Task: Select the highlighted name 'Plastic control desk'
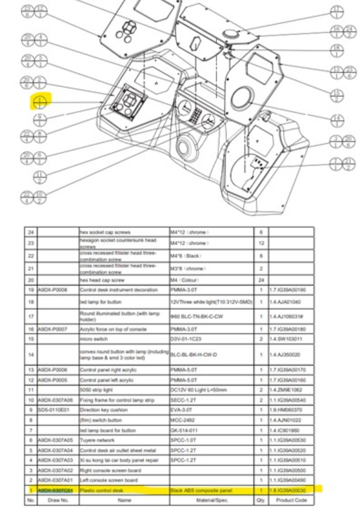[x=101, y=489]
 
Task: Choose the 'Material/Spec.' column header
[x=210, y=498]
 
